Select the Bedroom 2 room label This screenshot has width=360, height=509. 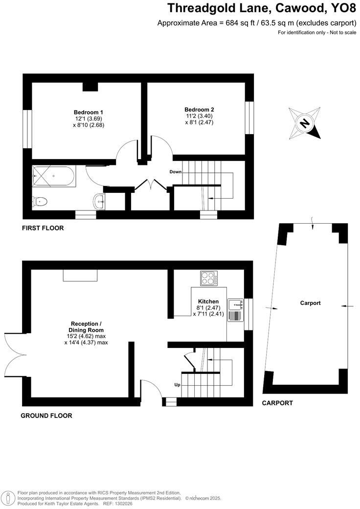coord(199,110)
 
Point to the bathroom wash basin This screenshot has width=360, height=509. coord(100,201)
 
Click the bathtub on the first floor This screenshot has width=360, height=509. coord(53,176)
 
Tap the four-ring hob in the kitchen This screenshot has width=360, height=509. coord(209,278)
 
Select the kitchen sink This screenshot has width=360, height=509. coord(236,310)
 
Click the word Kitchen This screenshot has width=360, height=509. coord(208,301)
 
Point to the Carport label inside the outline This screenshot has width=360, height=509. coord(311,303)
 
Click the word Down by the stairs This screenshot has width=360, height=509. coord(176,172)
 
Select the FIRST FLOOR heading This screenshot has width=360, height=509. coord(43,228)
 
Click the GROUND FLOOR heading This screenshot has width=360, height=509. coord(46,416)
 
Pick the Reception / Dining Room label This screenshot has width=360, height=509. coord(86,327)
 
